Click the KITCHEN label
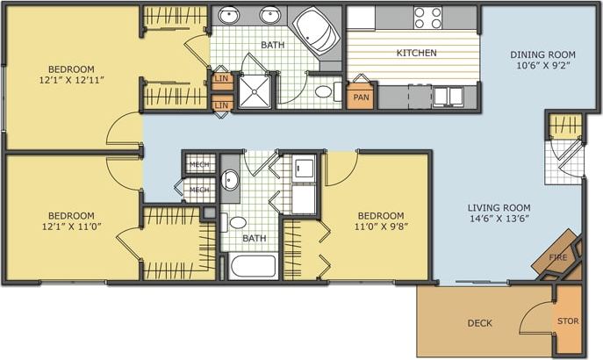[416, 53]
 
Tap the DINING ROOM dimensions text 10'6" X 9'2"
[543, 66]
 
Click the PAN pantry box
[360, 97]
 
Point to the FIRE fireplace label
[557, 256]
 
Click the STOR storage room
[568, 320]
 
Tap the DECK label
[479, 323]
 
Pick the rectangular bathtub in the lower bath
[253, 266]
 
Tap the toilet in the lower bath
[236, 222]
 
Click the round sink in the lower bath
[230, 181]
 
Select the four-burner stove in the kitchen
[428, 18]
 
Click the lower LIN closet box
[221, 105]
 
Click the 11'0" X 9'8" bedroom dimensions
[380, 227]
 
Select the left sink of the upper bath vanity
[230, 16]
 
